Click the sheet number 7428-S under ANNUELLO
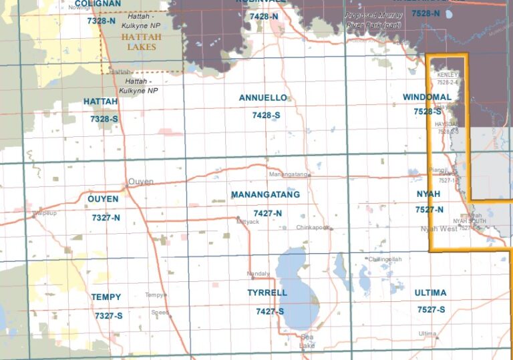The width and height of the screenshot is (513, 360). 266,116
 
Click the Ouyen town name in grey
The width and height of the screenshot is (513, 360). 141,181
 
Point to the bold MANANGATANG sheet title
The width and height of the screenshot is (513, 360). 265,195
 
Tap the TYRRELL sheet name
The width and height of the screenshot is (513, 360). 267,293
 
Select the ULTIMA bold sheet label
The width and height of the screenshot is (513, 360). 430,293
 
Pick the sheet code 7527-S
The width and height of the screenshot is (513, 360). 432,310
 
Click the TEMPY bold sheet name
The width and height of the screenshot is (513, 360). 106,297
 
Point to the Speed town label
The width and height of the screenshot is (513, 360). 160,312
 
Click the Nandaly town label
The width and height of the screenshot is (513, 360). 258,274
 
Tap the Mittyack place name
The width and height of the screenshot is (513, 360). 247,221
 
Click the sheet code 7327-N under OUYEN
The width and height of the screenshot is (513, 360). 106,218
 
